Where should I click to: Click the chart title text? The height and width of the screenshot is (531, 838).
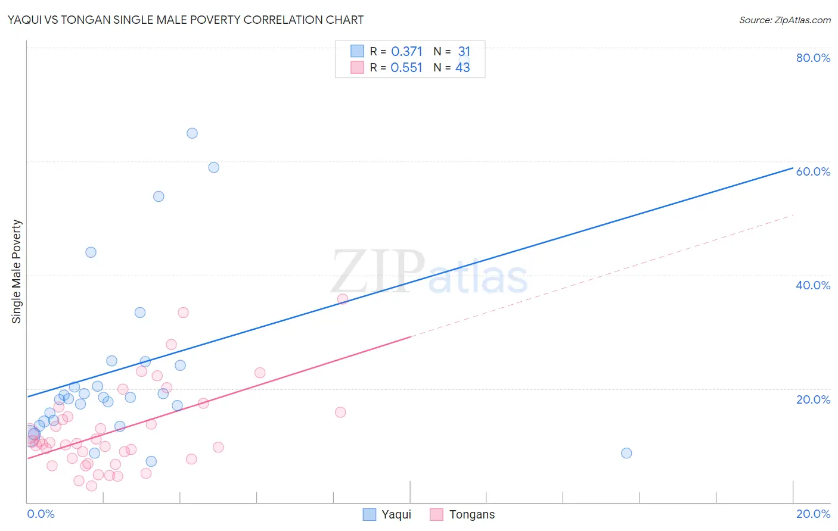pyautogui.click(x=185, y=20)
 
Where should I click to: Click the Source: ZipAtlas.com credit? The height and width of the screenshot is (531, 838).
pyautogui.click(x=784, y=20)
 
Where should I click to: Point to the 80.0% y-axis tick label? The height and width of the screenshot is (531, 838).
pyautogui.click(x=813, y=58)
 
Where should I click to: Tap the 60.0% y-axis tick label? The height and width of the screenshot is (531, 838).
pyautogui.click(x=813, y=171)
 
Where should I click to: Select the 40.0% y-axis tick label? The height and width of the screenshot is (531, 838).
pyautogui.click(x=813, y=285)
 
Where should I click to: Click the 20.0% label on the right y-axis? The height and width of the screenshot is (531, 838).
pyautogui.click(x=813, y=399)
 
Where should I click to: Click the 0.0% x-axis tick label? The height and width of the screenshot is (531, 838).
pyautogui.click(x=41, y=514)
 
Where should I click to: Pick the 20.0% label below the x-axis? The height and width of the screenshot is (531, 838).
pyautogui.click(x=813, y=514)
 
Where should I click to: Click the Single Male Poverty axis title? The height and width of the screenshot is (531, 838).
pyautogui.click(x=17, y=271)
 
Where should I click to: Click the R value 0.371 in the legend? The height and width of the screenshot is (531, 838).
pyautogui.click(x=406, y=52)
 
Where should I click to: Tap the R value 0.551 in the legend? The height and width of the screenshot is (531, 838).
pyautogui.click(x=406, y=68)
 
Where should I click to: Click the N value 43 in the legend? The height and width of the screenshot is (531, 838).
pyautogui.click(x=463, y=68)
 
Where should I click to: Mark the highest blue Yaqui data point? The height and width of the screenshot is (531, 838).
pyautogui.click(x=192, y=133)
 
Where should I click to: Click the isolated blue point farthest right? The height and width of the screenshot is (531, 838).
pyautogui.click(x=626, y=453)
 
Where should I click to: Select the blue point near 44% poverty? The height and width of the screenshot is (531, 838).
pyautogui.click(x=91, y=252)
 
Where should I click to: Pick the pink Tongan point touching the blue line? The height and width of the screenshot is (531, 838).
pyautogui.click(x=343, y=299)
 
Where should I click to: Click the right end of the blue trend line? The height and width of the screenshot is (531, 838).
pyautogui.click(x=792, y=168)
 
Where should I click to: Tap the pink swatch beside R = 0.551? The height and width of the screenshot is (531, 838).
pyautogui.click(x=357, y=67)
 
